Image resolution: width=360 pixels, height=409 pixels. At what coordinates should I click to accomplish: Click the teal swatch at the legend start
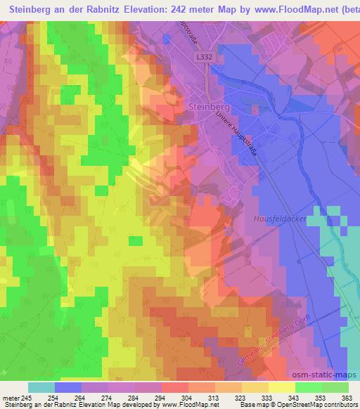[41, 387]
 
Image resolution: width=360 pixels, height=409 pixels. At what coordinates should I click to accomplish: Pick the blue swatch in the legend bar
[68, 387]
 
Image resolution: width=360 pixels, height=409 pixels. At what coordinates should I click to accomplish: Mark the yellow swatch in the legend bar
[281, 387]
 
